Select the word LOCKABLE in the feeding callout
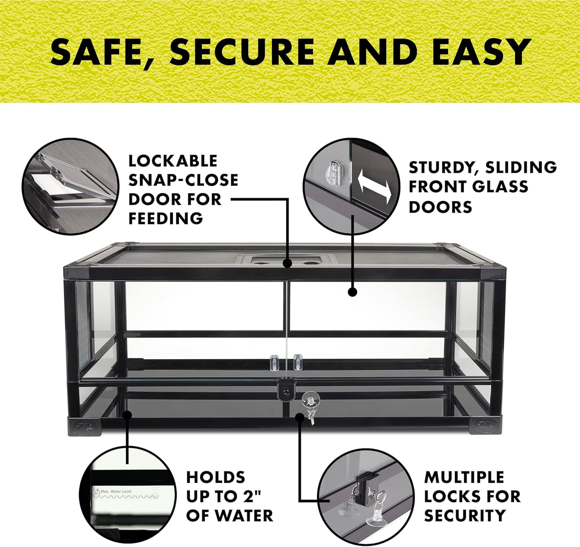point(173,161)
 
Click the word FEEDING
point(166,219)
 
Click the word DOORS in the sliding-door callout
point(440,207)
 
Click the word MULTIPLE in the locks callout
point(464,478)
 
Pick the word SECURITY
point(465,516)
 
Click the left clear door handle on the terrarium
point(275,362)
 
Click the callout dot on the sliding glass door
point(352,292)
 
